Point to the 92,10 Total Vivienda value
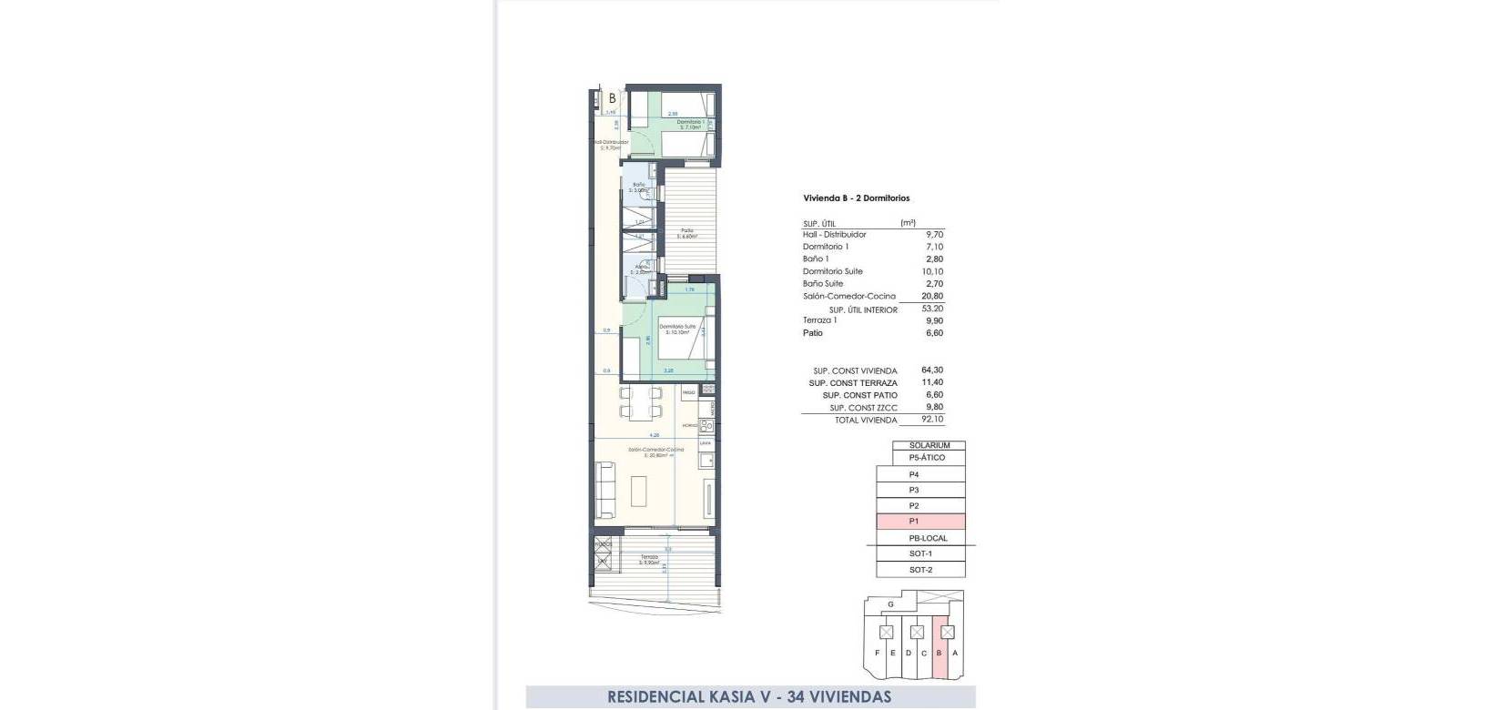click(932, 420)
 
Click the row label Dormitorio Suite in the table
click(832, 271)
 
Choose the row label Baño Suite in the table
click(823, 284)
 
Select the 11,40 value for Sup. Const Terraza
click(932, 383)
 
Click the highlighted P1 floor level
click(914, 522)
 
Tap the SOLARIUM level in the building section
click(929, 446)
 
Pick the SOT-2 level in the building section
click(920, 570)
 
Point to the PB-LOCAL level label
click(928, 538)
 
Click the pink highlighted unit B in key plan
click(939, 653)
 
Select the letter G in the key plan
click(890, 603)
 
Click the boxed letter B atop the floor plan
click(612, 98)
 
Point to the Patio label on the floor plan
click(687, 230)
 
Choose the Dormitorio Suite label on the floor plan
click(677, 326)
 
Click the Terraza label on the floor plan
click(648, 557)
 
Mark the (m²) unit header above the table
click(908, 223)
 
